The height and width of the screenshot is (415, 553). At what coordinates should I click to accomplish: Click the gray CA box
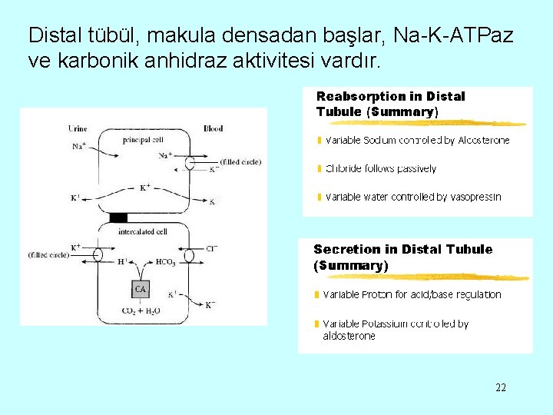point(140,289)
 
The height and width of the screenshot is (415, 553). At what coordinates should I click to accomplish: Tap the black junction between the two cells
point(118,217)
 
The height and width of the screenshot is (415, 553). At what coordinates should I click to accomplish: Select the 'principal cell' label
point(143,140)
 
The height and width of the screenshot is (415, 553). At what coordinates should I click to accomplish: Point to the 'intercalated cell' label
point(142,231)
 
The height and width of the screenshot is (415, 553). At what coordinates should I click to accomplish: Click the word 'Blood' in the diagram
point(213,128)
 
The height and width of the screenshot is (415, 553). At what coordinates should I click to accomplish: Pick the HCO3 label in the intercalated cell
point(165,262)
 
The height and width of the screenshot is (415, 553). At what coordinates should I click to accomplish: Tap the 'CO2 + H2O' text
point(141,311)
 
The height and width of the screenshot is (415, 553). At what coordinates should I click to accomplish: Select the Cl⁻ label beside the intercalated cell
point(211,248)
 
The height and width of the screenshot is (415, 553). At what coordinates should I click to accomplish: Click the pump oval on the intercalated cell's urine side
point(98,254)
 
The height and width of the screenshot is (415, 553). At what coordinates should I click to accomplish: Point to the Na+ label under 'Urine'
point(79,146)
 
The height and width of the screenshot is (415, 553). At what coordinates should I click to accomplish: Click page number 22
point(501,387)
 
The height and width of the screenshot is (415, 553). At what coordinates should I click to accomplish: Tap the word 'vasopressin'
point(475,197)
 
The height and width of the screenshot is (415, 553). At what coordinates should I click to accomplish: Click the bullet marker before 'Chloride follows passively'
point(319,168)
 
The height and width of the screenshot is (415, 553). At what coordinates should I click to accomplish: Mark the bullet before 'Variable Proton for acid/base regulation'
point(316,295)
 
